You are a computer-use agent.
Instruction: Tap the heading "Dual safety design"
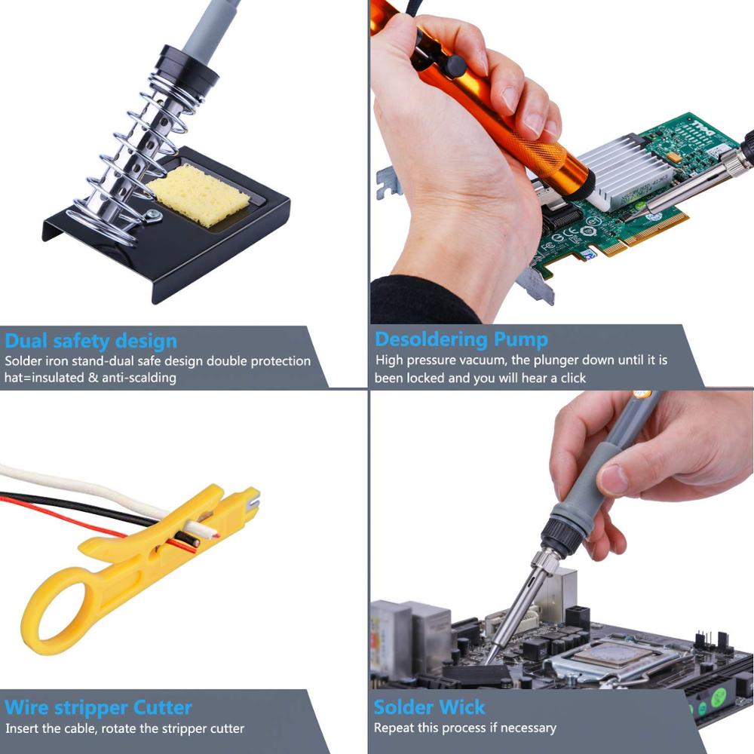(x=90, y=340)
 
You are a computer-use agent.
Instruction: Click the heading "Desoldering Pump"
(x=461, y=339)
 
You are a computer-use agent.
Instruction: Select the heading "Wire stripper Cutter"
(x=98, y=708)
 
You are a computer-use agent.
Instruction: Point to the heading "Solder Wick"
(x=429, y=707)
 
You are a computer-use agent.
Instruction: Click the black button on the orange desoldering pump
(x=452, y=66)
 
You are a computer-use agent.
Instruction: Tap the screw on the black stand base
(x=154, y=219)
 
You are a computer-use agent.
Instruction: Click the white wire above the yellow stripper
(x=75, y=483)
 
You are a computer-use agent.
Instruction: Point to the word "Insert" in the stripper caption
(x=23, y=728)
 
